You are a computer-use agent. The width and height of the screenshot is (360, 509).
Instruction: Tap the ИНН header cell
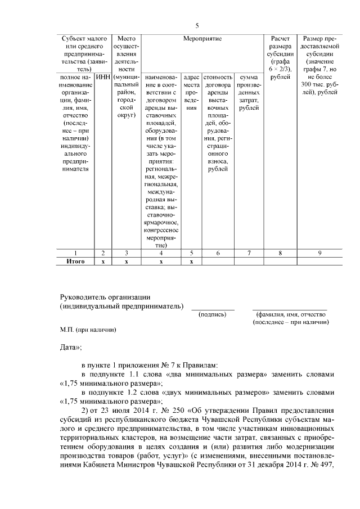pos(102,76)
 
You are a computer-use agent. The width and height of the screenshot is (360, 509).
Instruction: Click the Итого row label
pos(75,262)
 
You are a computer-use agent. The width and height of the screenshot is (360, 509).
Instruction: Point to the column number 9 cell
pos(319,253)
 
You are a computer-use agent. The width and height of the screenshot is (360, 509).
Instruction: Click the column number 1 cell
pos(75,253)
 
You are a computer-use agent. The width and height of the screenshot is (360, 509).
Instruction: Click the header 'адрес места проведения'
pos(191,92)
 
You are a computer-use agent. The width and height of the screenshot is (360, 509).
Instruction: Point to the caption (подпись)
pos(213,314)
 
